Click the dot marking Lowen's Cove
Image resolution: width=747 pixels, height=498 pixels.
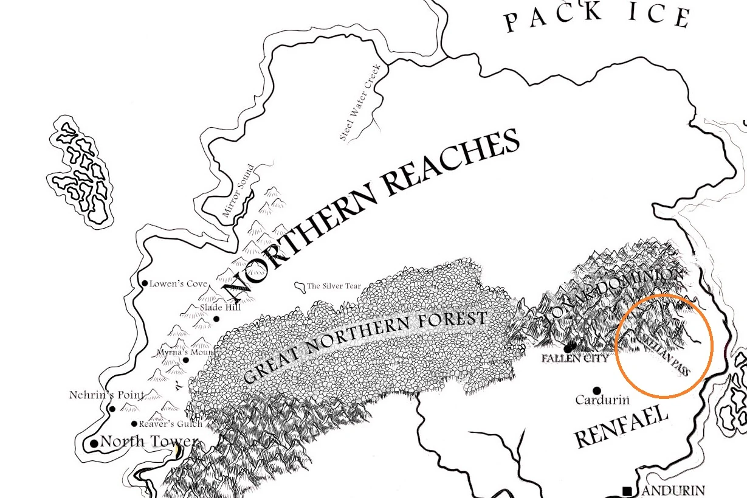[145, 283]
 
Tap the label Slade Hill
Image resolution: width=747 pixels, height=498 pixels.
[220, 308]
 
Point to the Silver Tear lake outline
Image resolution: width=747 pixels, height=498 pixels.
[299, 286]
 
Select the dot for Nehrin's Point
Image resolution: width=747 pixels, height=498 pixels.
[112, 409]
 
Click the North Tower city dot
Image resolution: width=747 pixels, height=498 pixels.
[94, 444]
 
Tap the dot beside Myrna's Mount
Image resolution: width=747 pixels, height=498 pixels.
[185, 360]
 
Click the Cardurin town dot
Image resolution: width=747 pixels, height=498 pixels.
[597, 390]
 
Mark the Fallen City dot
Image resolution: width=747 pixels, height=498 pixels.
[570, 348]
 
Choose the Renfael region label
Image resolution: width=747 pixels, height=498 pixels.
[621, 427]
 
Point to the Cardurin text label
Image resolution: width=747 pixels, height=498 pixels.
[602, 400]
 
